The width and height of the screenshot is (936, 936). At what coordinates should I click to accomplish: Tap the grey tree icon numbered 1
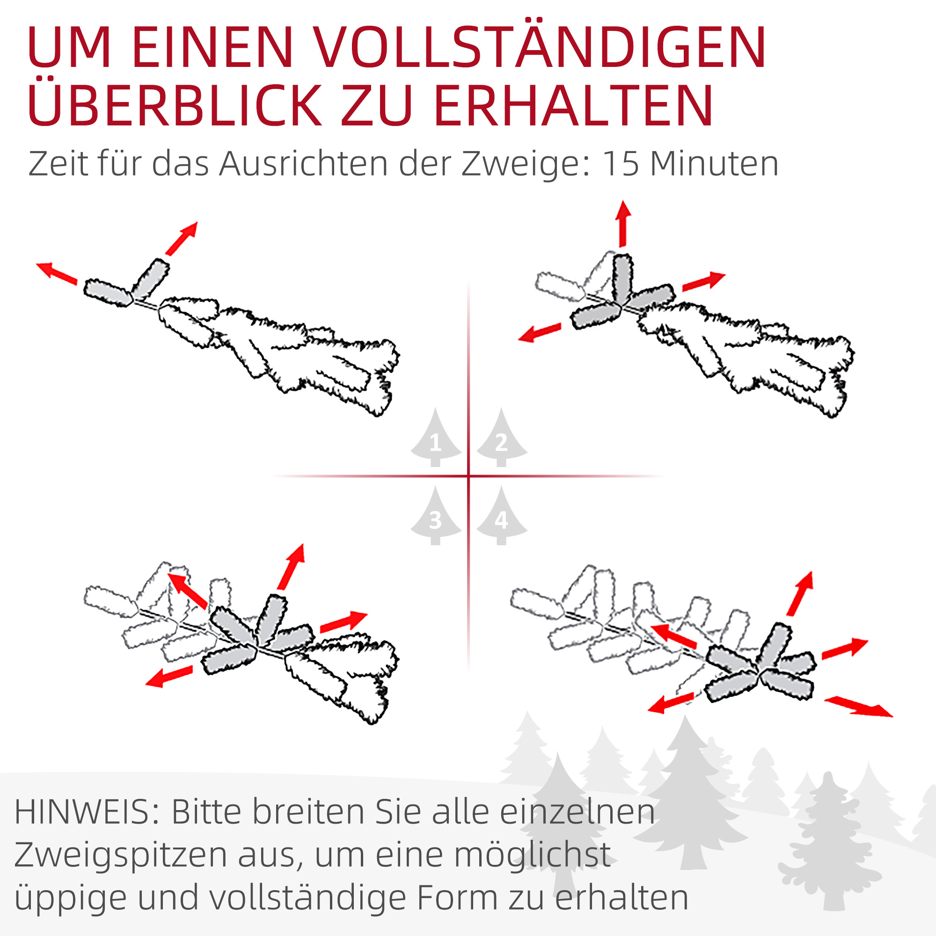(x=436, y=439)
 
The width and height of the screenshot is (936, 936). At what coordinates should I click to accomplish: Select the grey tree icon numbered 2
(x=501, y=439)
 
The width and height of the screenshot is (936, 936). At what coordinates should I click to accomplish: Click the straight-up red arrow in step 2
(x=623, y=223)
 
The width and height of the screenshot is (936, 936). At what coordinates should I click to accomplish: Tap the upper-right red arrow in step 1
(x=182, y=238)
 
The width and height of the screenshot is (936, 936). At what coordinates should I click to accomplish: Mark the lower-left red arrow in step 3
(x=169, y=676)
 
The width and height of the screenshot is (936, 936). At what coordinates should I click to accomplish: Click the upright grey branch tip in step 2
(x=622, y=278)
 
